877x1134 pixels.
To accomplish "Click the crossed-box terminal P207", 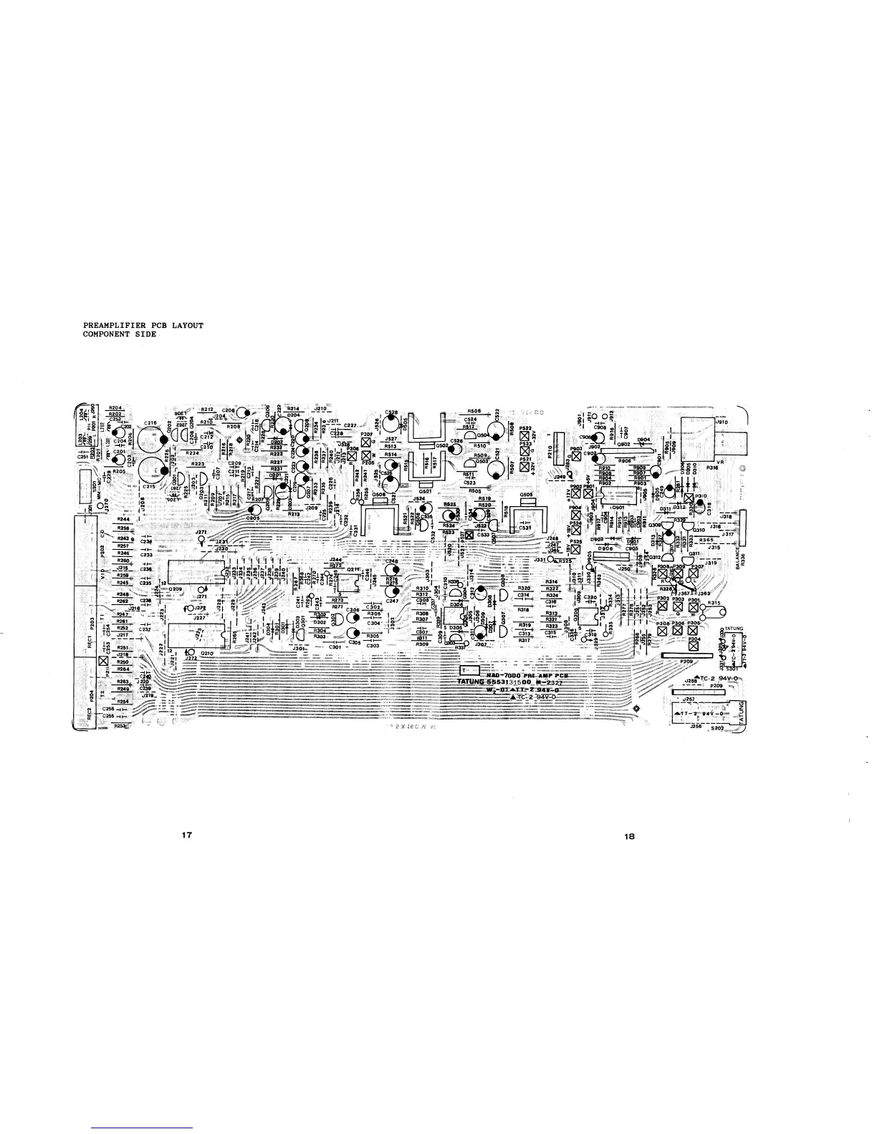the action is (x=366, y=443).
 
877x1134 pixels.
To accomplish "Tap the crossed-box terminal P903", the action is (x=576, y=456).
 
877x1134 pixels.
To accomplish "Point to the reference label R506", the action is (x=474, y=411).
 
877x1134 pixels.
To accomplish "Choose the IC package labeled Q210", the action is (x=195, y=636).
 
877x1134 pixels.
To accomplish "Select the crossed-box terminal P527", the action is (x=469, y=535).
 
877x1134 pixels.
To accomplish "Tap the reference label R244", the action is (x=124, y=518).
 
